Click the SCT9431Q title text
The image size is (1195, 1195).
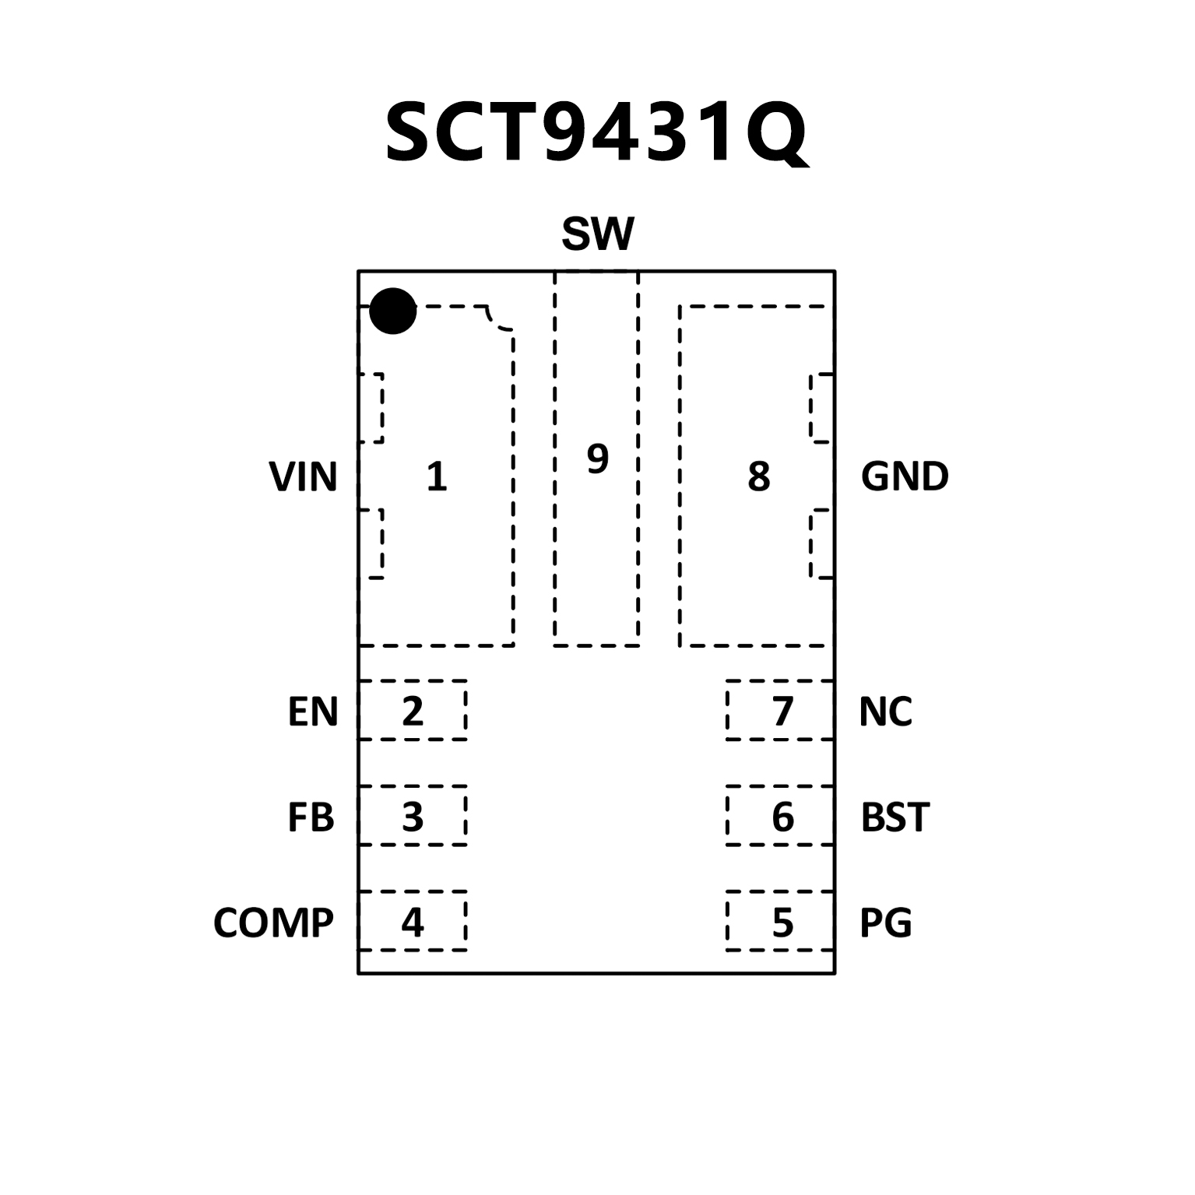597,134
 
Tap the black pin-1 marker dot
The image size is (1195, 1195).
392,311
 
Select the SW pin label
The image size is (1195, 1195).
597,234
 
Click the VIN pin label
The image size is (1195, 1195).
303,476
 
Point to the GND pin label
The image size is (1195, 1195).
905,476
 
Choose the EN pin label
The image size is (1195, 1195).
313,712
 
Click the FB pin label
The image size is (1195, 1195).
311,817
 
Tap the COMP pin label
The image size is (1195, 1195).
273,923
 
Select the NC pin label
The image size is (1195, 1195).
885,712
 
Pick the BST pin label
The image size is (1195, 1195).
894,817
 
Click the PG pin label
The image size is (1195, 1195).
885,923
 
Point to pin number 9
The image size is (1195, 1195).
597,459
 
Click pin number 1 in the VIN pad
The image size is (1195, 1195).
437,476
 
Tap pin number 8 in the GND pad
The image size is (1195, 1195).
758,476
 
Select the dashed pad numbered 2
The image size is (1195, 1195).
413,710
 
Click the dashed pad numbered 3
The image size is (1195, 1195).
413,816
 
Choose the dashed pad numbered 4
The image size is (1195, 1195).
413,921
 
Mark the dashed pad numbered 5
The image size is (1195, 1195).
780,922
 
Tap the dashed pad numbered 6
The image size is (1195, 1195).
780,816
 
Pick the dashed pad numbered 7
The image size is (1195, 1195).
780,710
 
